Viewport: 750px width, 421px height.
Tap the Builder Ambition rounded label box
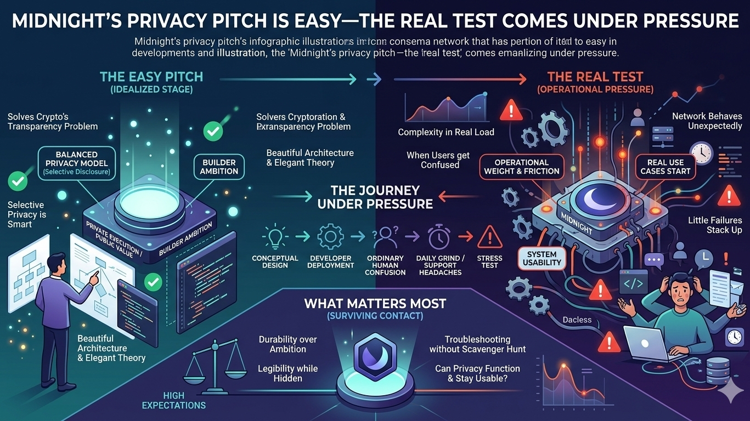point(218,167)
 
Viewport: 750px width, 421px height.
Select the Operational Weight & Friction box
point(521,167)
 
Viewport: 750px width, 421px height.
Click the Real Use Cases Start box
point(665,167)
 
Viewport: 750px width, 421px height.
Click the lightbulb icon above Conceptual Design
point(274,237)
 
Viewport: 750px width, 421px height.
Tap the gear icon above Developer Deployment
point(330,237)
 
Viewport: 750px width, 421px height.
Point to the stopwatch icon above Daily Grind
point(439,237)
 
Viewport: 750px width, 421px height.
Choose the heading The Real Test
point(595,77)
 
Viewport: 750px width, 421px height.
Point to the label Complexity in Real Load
point(446,132)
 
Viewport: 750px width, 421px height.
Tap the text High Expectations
point(173,400)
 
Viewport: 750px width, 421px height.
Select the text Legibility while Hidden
point(287,374)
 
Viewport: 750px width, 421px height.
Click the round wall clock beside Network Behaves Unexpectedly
point(701,152)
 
